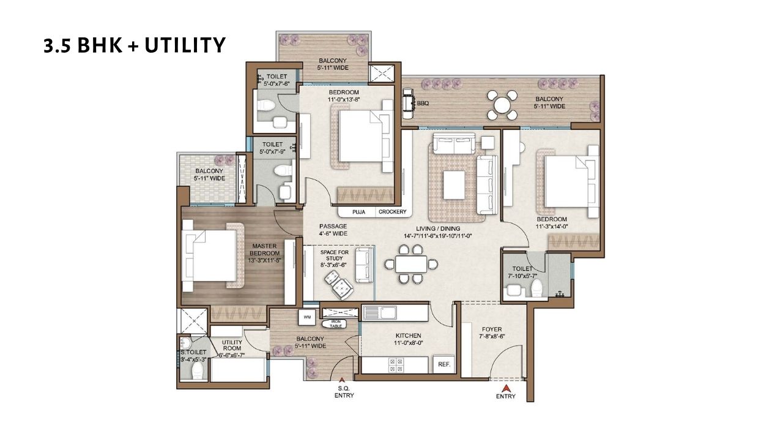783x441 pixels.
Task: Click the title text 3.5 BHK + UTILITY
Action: pyautogui.click(x=135, y=45)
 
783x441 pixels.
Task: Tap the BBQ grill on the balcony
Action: pyautogui.click(x=408, y=104)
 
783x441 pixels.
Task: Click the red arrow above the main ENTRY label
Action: pyautogui.click(x=506, y=387)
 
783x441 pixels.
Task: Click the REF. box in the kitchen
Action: pyautogui.click(x=443, y=364)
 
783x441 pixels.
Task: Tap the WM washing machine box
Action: pyautogui.click(x=306, y=317)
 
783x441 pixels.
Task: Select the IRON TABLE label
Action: pyautogui.click(x=335, y=323)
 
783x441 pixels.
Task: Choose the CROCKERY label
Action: pyautogui.click(x=392, y=212)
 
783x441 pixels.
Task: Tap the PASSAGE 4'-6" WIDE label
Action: pyautogui.click(x=333, y=230)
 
